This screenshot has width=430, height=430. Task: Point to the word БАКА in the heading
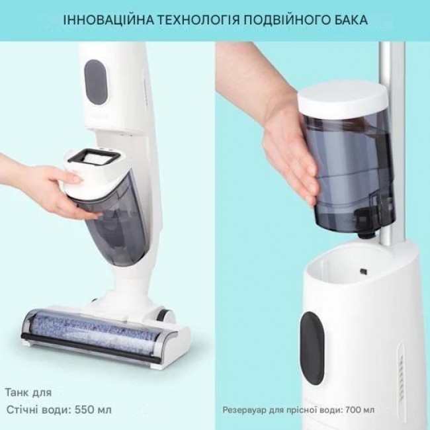pos(350,20)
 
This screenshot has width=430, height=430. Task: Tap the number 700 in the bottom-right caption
pos(353,410)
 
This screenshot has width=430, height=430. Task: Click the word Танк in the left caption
pos(17,392)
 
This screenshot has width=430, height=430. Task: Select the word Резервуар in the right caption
pos(241,411)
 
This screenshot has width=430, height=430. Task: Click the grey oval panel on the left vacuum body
pos(95,82)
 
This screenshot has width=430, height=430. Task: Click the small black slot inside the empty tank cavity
pos(364,271)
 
